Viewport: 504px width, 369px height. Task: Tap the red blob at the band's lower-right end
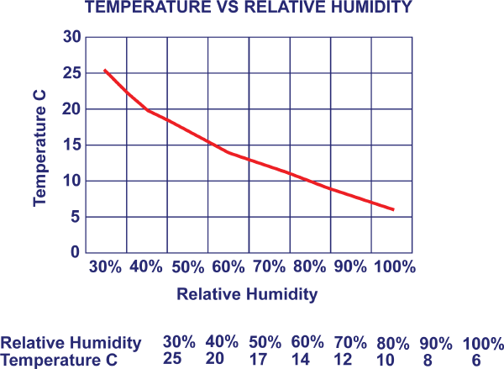[387, 203]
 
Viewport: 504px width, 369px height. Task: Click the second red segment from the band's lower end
[350, 196]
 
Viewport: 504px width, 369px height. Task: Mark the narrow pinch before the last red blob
[370, 203]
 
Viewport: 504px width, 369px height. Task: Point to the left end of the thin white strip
[311, 367]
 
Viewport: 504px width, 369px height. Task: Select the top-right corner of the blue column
[415, 1]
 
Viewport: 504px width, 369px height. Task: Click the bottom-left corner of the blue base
[1, 367]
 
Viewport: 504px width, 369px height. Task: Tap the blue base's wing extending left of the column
[16, 333]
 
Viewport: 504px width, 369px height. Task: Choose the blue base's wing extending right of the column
[459, 332]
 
